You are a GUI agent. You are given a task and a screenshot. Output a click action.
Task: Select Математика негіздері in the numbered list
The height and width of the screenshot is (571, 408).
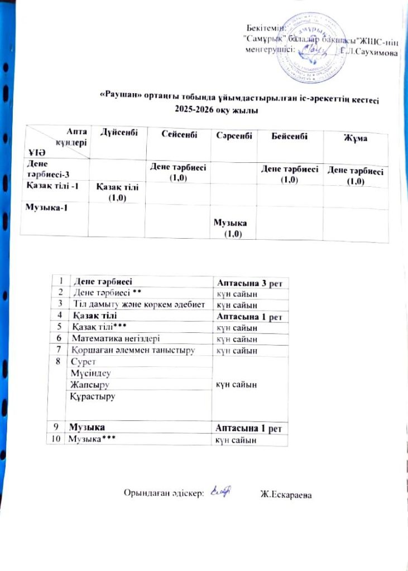click(107, 338)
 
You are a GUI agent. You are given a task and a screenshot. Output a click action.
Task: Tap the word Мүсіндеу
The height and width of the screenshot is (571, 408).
click(88, 373)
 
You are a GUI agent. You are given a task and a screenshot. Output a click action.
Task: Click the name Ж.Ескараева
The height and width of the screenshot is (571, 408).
click(287, 493)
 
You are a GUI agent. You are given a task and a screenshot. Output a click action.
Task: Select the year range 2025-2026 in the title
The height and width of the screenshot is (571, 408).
click(194, 111)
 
